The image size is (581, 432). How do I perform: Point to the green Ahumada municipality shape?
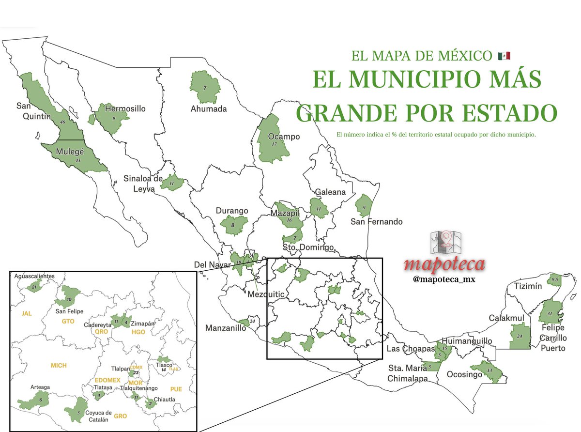pyautogui.click(x=204, y=86)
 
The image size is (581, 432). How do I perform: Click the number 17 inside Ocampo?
pyautogui.click(x=274, y=144)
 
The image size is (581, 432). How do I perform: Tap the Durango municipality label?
pyautogui.click(x=232, y=211)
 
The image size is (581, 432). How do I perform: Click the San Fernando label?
pyautogui.click(x=377, y=222)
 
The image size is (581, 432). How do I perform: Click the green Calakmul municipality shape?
pyautogui.click(x=520, y=337)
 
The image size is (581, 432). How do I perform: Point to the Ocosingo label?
pyautogui.click(x=464, y=375)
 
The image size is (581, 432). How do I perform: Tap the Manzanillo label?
pyautogui.click(x=226, y=328)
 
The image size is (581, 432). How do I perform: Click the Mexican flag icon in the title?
pyautogui.click(x=504, y=56)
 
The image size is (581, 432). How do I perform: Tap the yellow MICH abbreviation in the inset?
pyautogui.click(x=59, y=366)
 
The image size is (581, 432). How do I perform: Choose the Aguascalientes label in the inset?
pyautogui.click(x=34, y=276)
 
